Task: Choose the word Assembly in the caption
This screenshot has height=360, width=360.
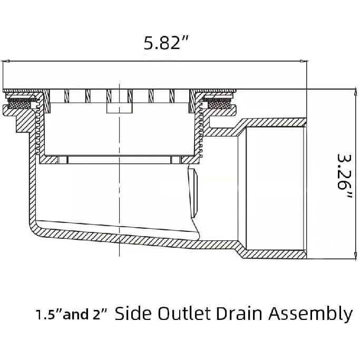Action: click(x=310, y=314)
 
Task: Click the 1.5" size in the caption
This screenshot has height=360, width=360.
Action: click(x=48, y=315)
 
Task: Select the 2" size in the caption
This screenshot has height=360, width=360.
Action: click(x=100, y=315)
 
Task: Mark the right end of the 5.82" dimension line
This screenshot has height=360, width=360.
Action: click(x=307, y=61)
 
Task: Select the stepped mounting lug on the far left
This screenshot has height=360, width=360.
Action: click(x=16, y=118)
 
